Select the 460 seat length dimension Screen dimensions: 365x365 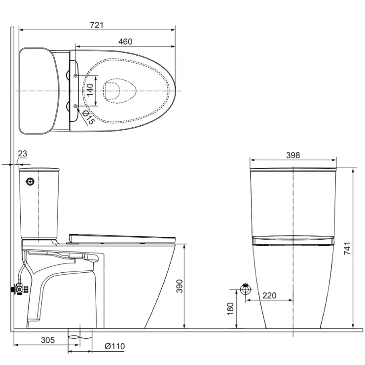(125, 42)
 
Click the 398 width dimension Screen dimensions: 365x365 (293, 155)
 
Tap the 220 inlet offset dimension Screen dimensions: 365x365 (269, 295)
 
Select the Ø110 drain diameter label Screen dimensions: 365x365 (114, 346)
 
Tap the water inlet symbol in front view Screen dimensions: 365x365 (245, 287)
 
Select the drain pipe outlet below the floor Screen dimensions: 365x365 (80, 334)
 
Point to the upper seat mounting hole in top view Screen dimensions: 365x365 (74, 75)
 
